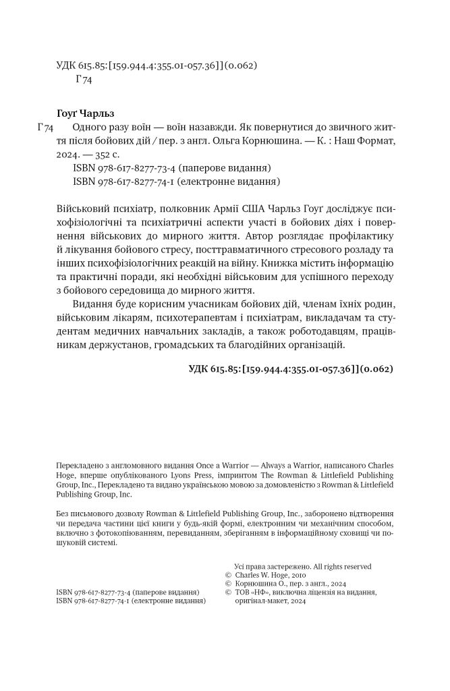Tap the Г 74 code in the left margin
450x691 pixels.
[x=43, y=128]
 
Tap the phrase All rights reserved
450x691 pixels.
[x=341, y=567]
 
